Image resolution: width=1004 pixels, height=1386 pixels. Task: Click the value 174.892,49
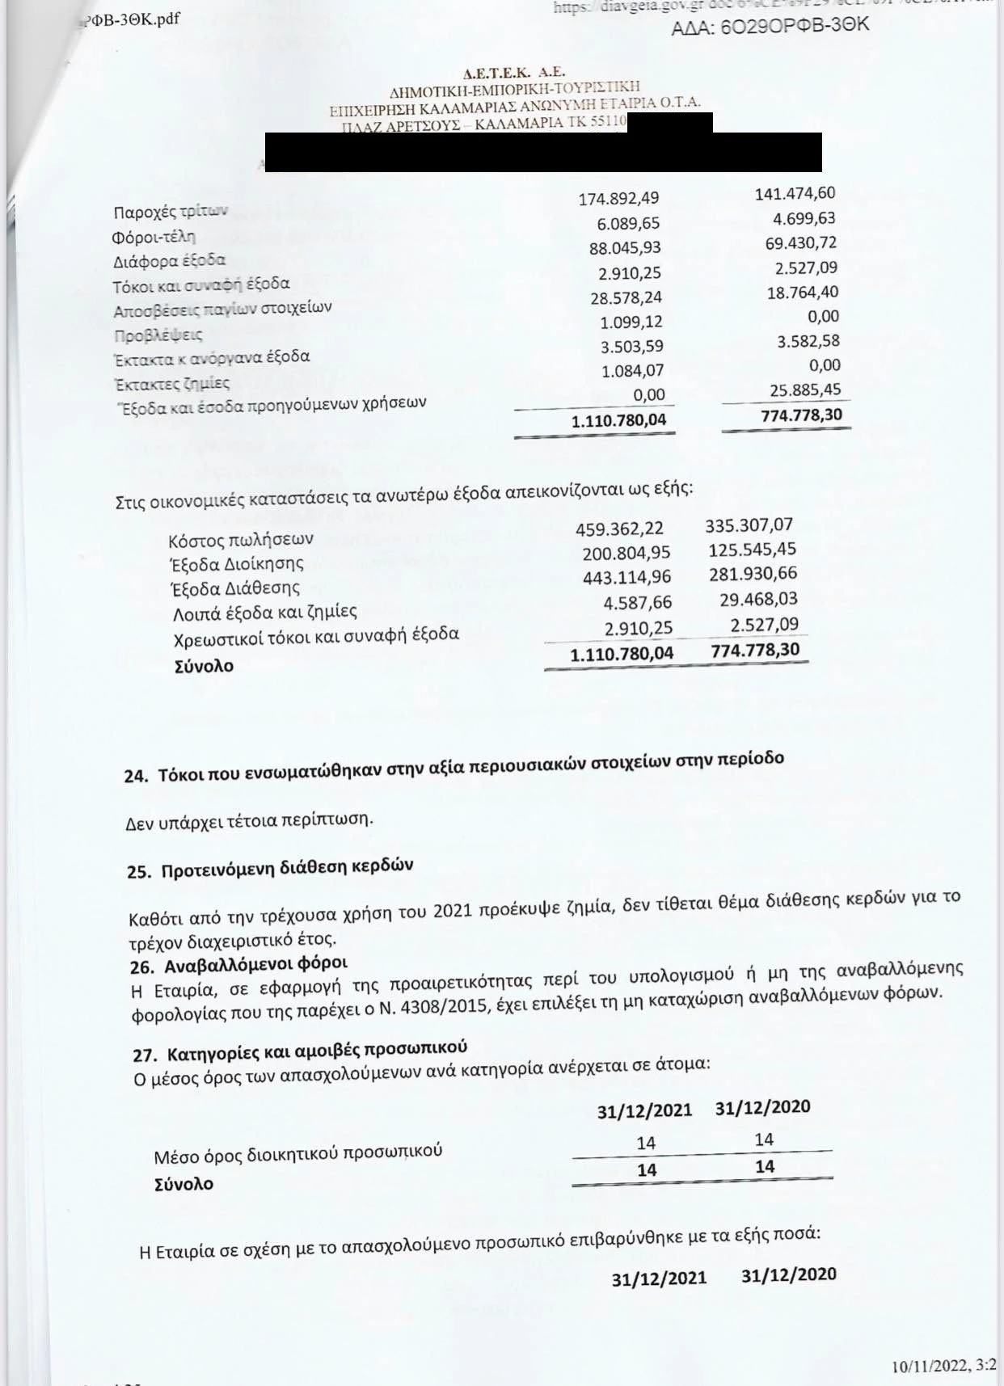618,199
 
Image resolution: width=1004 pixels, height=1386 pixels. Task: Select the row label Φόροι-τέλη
154,238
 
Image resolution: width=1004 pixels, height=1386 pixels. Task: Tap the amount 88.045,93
625,248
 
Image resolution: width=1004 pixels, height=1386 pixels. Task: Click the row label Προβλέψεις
158,335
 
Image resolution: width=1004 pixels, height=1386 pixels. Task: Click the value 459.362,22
619,529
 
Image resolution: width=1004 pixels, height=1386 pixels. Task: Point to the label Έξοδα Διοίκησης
237,563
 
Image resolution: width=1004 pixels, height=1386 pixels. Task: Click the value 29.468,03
757,600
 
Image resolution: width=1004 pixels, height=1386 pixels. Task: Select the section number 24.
136,776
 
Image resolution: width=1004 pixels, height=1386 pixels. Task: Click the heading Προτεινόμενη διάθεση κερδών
287,868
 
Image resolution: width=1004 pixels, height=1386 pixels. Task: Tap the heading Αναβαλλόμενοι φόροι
255,965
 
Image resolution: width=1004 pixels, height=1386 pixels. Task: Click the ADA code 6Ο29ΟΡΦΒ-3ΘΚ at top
770,26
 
